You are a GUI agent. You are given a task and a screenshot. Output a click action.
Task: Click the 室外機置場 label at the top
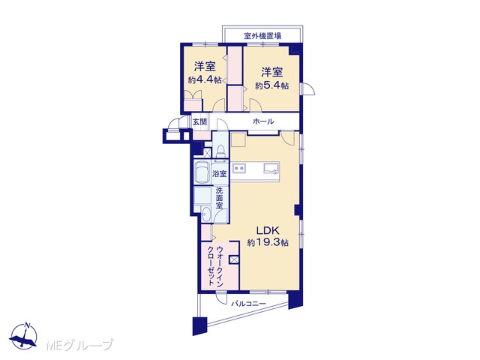tap(262, 36)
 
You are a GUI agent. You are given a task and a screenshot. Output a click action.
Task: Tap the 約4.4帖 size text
tap(205, 80)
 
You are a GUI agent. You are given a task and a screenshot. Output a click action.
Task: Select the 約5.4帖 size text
tap(271, 85)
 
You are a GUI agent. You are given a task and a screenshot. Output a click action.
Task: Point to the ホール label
tap(263, 121)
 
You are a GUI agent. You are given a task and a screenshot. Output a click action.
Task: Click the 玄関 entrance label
tap(199, 121)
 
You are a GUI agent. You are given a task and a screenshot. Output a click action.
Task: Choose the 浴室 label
tap(220, 174)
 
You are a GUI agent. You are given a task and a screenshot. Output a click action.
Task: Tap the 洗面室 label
tap(219, 198)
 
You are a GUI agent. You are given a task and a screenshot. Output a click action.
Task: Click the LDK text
tap(267, 230)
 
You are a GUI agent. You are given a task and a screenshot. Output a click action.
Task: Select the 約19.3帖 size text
tap(268, 243)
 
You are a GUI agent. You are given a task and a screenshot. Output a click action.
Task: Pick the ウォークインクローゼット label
tap(215, 265)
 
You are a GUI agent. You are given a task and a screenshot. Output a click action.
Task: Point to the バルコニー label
tap(248, 304)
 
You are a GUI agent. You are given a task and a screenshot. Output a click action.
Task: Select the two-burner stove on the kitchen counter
tap(238, 168)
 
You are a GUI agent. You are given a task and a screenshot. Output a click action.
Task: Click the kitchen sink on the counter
tap(271, 168)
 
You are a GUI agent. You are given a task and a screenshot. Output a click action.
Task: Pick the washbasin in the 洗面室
tap(206, 214)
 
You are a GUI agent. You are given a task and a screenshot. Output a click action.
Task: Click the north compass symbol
tap(23, 335)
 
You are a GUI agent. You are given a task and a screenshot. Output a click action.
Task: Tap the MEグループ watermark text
tap(79, 345)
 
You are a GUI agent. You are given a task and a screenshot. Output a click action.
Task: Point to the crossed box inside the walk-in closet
tap(233, 259)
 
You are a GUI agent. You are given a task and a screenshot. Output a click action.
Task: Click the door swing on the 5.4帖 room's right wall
tap(308, 89)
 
